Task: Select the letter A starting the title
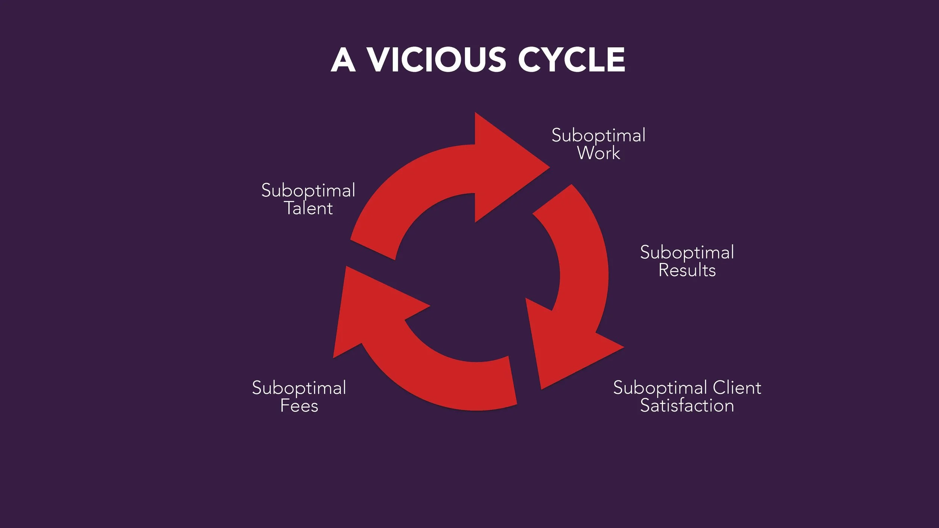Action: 343,60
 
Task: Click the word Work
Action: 598,153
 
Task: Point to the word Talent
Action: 308,208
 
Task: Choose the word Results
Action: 687,270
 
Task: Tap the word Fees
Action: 299,406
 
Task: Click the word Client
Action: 737,388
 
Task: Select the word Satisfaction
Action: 687,406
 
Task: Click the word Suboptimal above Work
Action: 598,136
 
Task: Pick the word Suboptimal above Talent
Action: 308,191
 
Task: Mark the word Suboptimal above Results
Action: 687,252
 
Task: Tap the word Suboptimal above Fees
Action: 299,388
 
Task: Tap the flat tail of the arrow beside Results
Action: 552,199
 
